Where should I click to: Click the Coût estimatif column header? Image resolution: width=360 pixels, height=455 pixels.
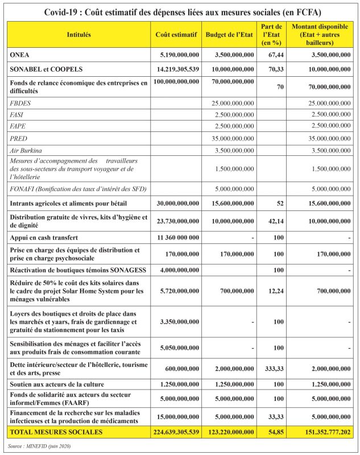pos(176,35)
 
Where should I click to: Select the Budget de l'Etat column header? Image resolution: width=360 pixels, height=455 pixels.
pos(229,35)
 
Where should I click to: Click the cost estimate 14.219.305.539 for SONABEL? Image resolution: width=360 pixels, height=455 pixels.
pos(176,69)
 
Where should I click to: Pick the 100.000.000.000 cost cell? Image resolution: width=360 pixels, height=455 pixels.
pos(176,82)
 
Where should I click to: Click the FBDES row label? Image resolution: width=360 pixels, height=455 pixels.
pos(21,102)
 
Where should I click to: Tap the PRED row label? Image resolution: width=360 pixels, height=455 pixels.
pos(19,138)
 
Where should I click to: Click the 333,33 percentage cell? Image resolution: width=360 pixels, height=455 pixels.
pos(271,369)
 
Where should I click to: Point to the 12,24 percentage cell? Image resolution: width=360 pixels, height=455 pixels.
pos(271,291)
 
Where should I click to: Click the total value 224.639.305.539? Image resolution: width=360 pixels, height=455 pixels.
pos(176,433)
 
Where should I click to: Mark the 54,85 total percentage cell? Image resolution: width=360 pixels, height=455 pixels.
pos(271,433)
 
